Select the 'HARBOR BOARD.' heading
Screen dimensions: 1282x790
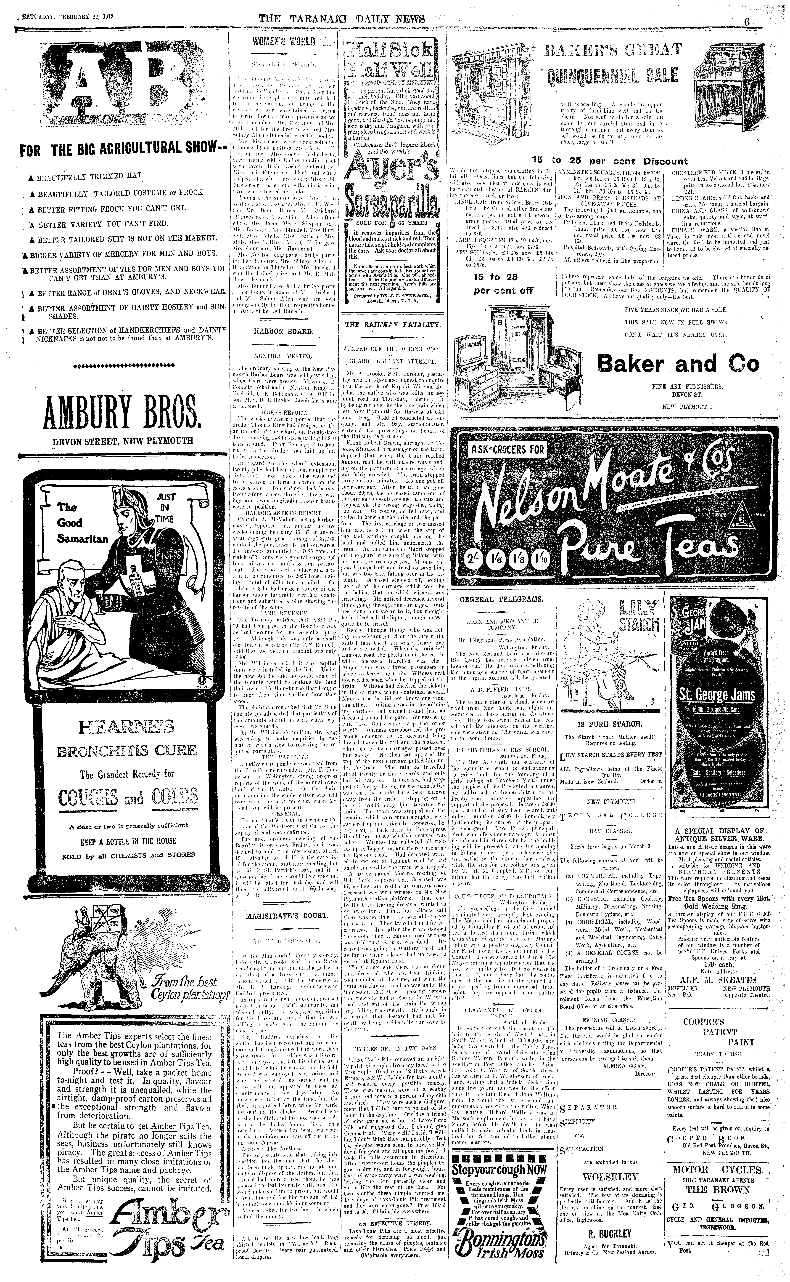[x=284, y=331]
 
